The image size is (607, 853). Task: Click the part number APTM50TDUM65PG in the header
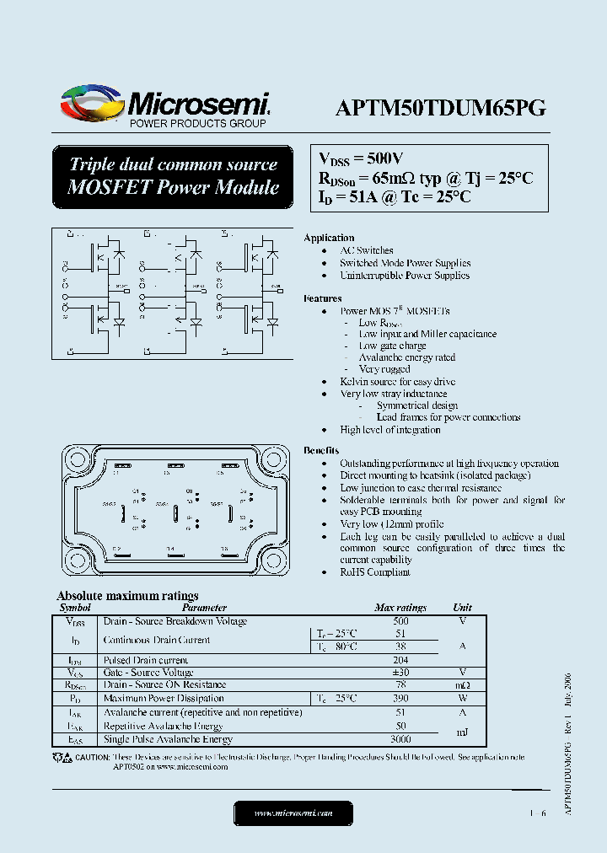440,108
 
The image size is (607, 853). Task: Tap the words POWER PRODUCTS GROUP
196,124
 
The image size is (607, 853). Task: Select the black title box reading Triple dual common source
173,176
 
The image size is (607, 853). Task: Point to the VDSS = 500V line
361,158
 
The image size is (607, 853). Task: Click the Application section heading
329,238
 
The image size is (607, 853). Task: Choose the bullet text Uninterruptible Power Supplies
405,276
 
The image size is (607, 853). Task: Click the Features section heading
323,298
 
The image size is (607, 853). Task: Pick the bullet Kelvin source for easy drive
397,382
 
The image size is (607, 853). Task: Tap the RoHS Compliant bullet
374,572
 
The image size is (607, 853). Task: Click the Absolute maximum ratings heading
127,595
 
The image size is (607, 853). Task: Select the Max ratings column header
400,608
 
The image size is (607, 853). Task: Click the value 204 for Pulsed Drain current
400,660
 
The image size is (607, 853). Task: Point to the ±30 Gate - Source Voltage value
400,673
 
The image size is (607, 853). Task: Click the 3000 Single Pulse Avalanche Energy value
400,739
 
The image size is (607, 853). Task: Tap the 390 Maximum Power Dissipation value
400,699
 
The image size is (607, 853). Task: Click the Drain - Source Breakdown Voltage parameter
175,621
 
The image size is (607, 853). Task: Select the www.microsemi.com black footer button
293,813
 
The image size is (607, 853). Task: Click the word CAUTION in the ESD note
93,757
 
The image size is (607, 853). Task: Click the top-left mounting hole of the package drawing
77,460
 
